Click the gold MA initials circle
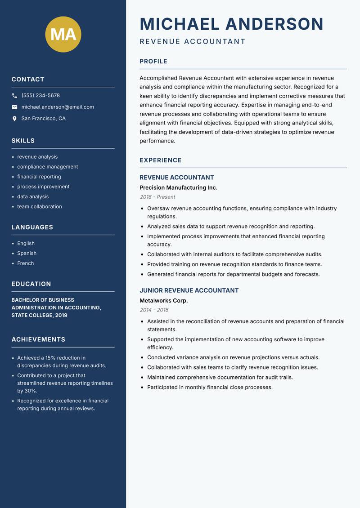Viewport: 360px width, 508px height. (63, 34)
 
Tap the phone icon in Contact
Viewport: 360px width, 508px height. (15, 96)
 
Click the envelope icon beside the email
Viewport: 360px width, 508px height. (15, 107)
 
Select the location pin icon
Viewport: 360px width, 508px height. (15, 119)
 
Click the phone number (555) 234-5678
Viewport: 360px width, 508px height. (40, 96)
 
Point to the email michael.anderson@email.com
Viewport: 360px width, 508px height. (58, 107)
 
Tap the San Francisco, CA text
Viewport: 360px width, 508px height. (43, 119)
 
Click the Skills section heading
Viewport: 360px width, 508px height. (23, 141)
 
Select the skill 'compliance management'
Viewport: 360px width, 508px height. (48, 167)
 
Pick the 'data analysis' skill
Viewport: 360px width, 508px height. (33, 196)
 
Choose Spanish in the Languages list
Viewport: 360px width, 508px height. (27, 253)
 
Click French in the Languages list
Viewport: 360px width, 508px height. (26, 263)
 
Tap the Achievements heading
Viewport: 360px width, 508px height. (38, 339)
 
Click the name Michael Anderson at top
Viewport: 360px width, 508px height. (232, 24)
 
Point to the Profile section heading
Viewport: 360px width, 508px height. (153, 62)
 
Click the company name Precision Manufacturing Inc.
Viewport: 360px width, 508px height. (178, 187)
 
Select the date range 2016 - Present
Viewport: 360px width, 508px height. (157, 197)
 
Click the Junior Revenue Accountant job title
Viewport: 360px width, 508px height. (189, 290)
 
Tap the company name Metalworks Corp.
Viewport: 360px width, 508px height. (163, 300)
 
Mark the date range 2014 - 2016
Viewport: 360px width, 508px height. (154, 310)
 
